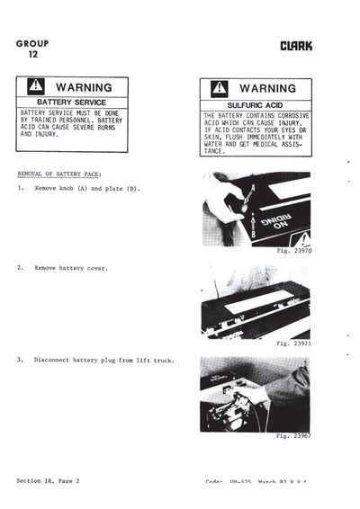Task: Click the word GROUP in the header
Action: point(32,43)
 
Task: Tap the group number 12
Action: point(33,54)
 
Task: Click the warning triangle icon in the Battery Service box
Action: point(36,87)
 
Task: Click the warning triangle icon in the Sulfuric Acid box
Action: point(220,90)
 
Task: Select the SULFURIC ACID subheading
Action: point(256,106)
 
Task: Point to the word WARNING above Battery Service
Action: point(84,87)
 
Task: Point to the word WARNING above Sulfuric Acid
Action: point(268,90)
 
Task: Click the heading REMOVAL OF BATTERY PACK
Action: point(59,173)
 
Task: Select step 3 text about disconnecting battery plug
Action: point(103,361)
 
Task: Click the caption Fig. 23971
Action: point(292,344)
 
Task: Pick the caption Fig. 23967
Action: point(292,435)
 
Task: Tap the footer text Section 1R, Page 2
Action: point(48,481)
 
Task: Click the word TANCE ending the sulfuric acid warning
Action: point(216,152)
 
